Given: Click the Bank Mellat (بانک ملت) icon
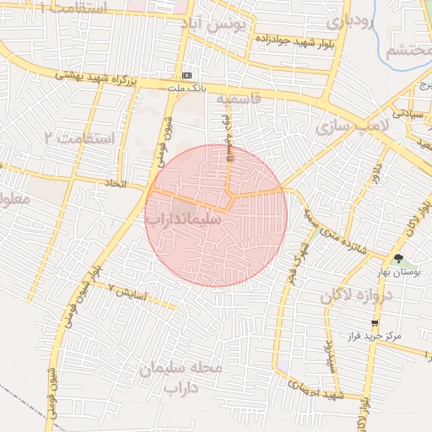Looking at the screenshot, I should coord(186,74).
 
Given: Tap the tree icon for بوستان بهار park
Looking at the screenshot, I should coord(398,259).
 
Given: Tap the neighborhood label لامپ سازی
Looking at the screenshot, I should coord(350,127).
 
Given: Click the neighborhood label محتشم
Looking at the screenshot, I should coord(409,51).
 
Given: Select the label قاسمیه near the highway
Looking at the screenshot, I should coord(239,99).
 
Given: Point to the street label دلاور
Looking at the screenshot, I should coord(375,174).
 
